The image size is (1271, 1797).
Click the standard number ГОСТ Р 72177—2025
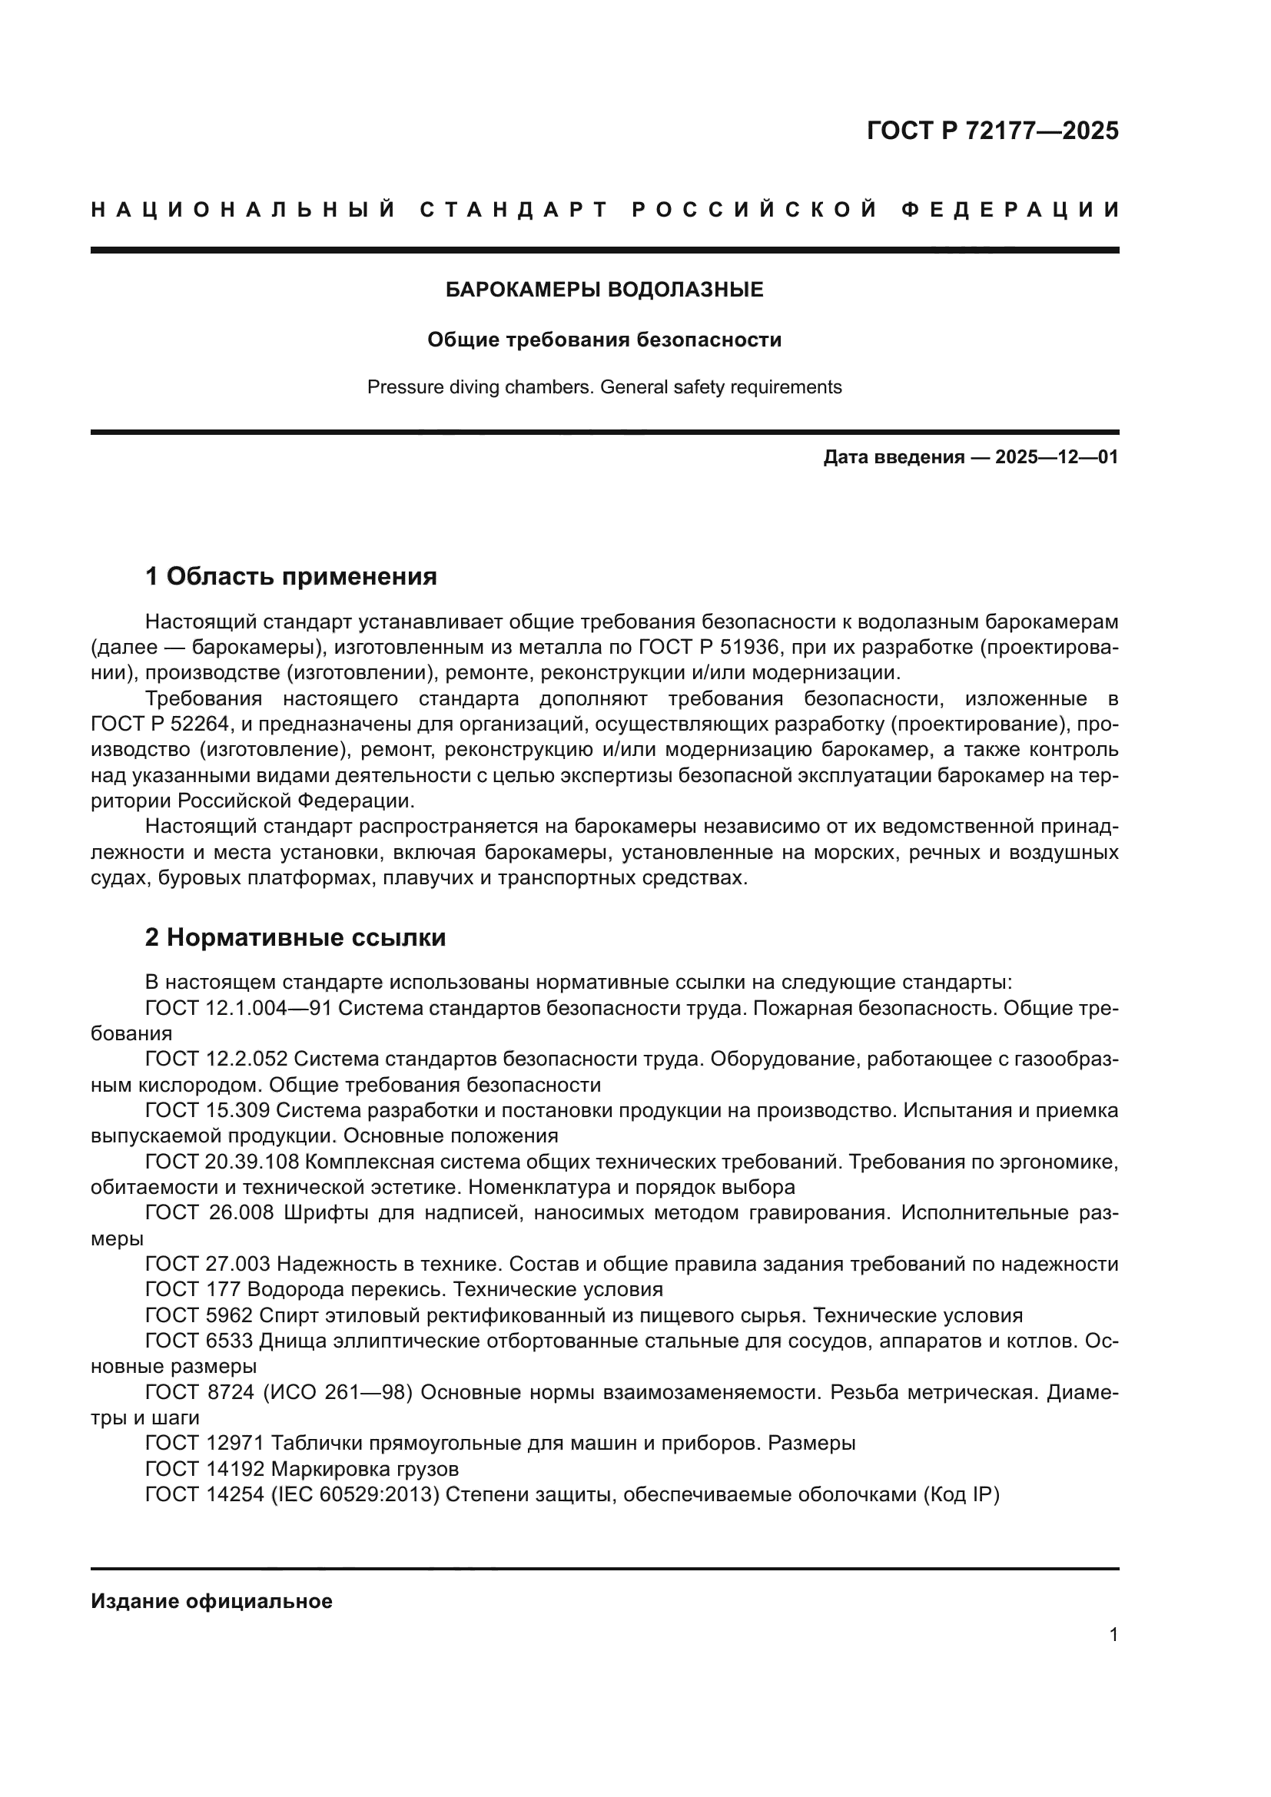coord(992,131)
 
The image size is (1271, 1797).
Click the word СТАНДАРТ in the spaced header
coord(513,210)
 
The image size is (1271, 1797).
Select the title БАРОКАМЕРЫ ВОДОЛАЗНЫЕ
coord(604,290)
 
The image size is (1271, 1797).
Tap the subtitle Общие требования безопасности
coord(604,340)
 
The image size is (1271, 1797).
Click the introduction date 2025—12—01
coord(1057,457)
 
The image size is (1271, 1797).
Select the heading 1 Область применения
coord(290,577)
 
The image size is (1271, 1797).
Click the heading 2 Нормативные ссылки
coord(295,937)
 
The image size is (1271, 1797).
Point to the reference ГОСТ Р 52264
coord(161,724)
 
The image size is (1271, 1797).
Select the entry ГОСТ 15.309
coord(207,1111)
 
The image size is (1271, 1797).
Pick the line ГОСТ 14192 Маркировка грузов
coord(301,1469)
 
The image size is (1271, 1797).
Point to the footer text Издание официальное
coord(211,1601)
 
